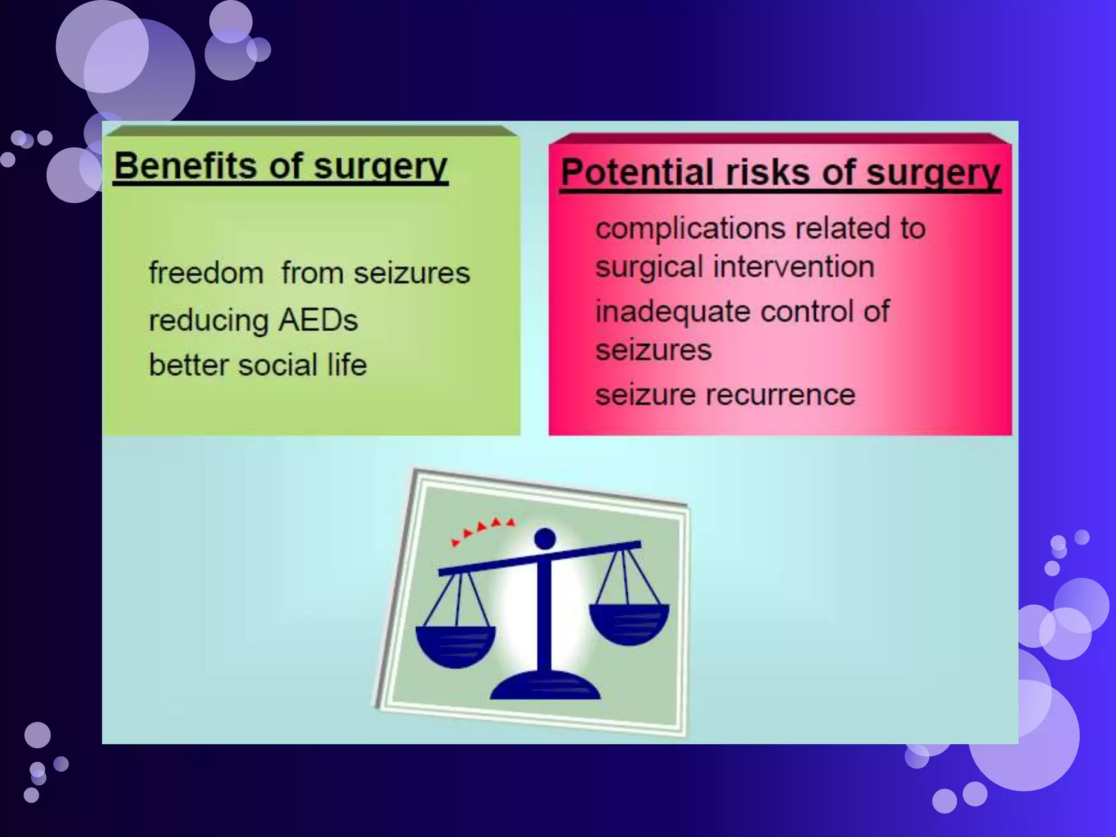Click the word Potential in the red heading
pos(637,172)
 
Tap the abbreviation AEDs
pos(318,320)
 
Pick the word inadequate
pos(673,312)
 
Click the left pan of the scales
pos(456,646)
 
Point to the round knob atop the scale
pos(544,539)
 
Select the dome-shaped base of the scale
pos(545,686)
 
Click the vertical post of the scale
pos(544,616)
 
